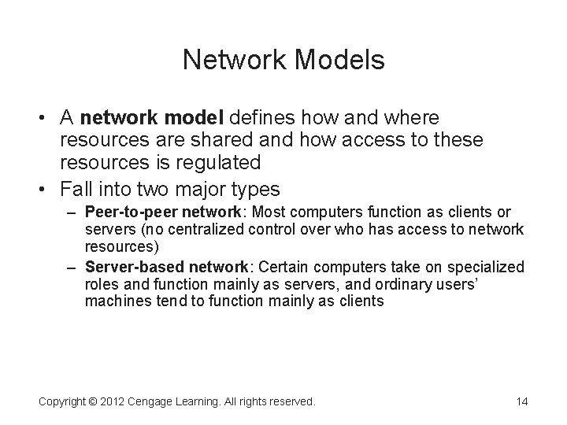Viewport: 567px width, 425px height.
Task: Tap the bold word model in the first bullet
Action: click(197, 118)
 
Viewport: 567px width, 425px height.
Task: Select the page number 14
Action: click(521, 401)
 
